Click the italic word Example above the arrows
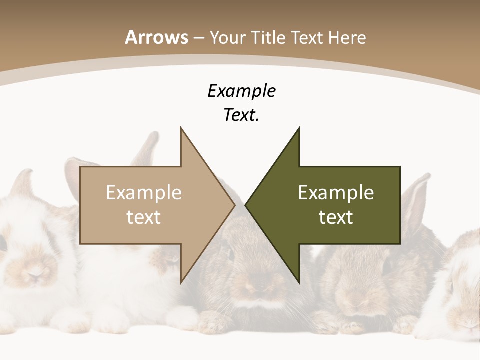[x=242, y=91]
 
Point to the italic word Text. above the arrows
[x=242, y=115]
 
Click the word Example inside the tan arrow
[x=144, y=192]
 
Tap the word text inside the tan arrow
[x=144, y=217]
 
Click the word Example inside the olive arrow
[x=336, y=192]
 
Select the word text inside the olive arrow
[x=336, y=217]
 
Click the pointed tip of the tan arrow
[x=235, y=205]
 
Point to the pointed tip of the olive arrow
[x=245, y=205]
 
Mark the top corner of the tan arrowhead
[x=181, y=128]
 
